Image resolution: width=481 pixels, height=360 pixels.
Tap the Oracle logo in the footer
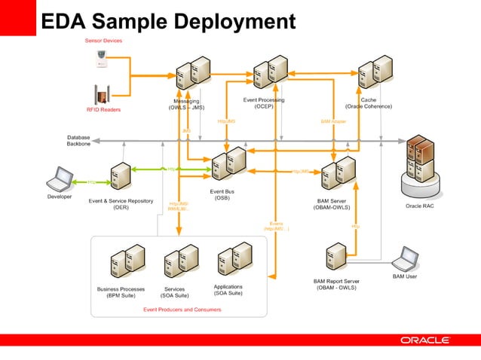[x=424, y=340]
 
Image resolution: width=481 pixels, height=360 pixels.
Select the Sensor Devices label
[x=103, y=40]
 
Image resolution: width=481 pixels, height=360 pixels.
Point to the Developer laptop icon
[x=60, y=179]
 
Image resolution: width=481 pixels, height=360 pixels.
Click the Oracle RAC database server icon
[x=420, y=160]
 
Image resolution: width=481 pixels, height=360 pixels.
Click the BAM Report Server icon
[x=336, y=257]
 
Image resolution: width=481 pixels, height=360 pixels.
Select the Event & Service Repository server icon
[x=121, y=176]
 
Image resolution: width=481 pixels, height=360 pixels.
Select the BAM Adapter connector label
[x=333, y=121]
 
